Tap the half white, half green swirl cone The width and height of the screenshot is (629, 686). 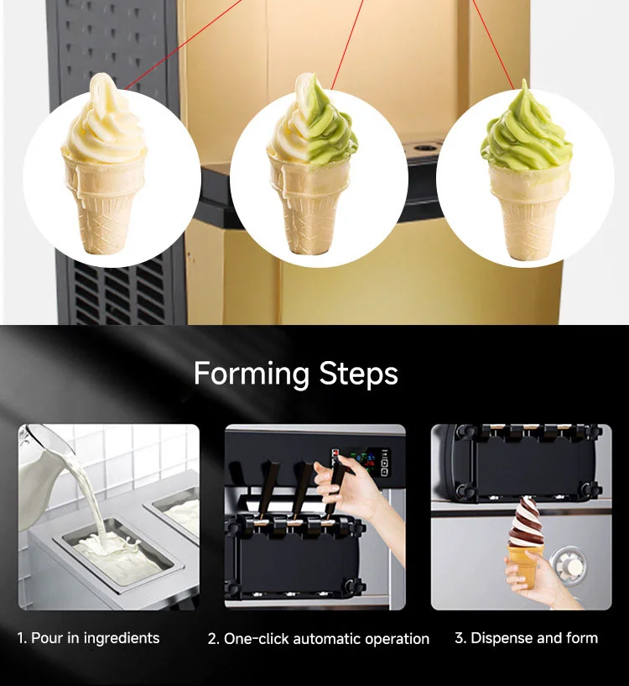[312, 166]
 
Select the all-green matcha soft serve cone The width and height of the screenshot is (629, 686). [527, 170]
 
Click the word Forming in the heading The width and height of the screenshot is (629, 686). [251, 374]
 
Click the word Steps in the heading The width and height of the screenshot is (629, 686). [358, 374]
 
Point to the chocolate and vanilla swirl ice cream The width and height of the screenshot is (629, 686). [526, 521]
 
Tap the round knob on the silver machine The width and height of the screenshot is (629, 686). [569, 564]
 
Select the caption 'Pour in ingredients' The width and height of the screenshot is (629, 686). [88, 638]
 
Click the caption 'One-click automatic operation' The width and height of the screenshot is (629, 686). [319, 639]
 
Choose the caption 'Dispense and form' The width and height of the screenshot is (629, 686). [527, 638]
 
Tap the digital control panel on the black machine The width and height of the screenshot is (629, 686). [361, 462]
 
